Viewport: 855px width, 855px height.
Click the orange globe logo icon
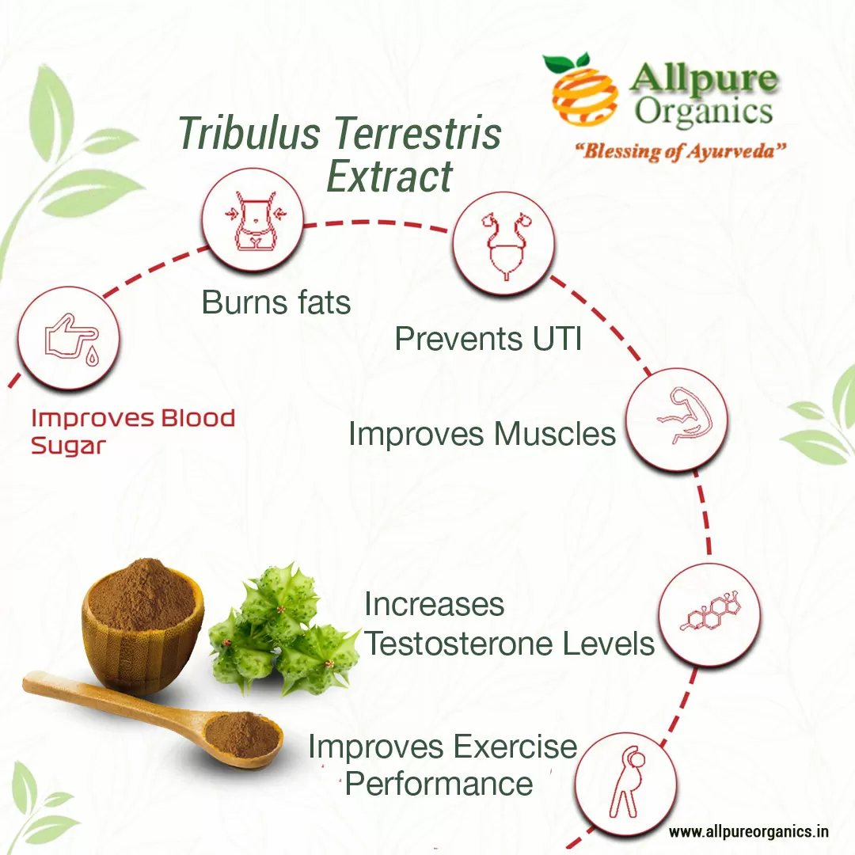[x=584, y=89]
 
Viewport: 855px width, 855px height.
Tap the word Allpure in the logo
[x=703, y=81]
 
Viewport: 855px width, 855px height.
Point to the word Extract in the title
[x=389, y=176]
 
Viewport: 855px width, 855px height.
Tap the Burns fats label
[x=275, y=302]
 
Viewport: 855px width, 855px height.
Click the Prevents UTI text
[x=488, y=339]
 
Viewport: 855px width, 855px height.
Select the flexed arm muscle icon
[x=676, y=420]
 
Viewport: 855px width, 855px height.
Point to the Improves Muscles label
[x=481, y=434]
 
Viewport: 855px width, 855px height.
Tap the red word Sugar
[x=68, y=446]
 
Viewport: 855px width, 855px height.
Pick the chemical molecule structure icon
[x=709, y=614]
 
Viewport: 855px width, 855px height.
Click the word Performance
[x=439, y=784]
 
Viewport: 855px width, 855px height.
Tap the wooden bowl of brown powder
[x=142, y=625]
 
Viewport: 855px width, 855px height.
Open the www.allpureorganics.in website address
[x=748, y=832]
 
